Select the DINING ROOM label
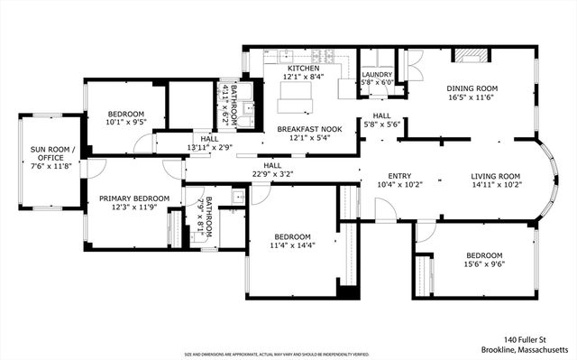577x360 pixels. point(472,88)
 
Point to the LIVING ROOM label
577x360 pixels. point(496,176)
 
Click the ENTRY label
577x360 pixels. point(399,176)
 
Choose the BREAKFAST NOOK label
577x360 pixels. point(303,129)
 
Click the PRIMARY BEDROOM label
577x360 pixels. point(134,198)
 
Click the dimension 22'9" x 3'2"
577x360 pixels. point(272,173)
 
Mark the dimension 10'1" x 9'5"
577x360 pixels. point(125,123)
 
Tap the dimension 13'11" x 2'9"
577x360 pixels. point(209,147)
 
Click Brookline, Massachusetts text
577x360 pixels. point(525,348)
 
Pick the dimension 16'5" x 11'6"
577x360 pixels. point(472,97)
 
